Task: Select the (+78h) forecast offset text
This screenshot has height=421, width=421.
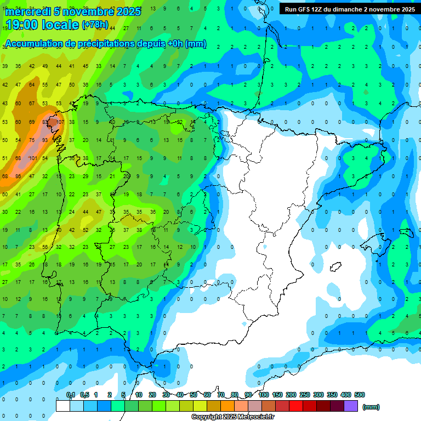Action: [95, 25]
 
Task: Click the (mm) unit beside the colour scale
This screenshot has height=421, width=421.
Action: [371, 407]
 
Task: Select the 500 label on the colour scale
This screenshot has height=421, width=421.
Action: [360, 395]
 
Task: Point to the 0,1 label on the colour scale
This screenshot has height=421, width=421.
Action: [71, 395]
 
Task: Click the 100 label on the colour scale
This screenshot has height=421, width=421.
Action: [264, 395]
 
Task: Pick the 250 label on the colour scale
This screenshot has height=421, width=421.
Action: [305, 395]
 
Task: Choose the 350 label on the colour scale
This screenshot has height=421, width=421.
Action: [332, 395]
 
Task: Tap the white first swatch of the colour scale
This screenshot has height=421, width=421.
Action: [63, 406]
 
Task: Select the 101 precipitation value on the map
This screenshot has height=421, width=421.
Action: [33, 158]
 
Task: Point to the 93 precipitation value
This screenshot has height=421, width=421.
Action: [45, 140]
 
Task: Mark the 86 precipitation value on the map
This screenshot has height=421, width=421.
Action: [19, 176]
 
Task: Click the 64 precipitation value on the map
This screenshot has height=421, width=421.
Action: [32, 85]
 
